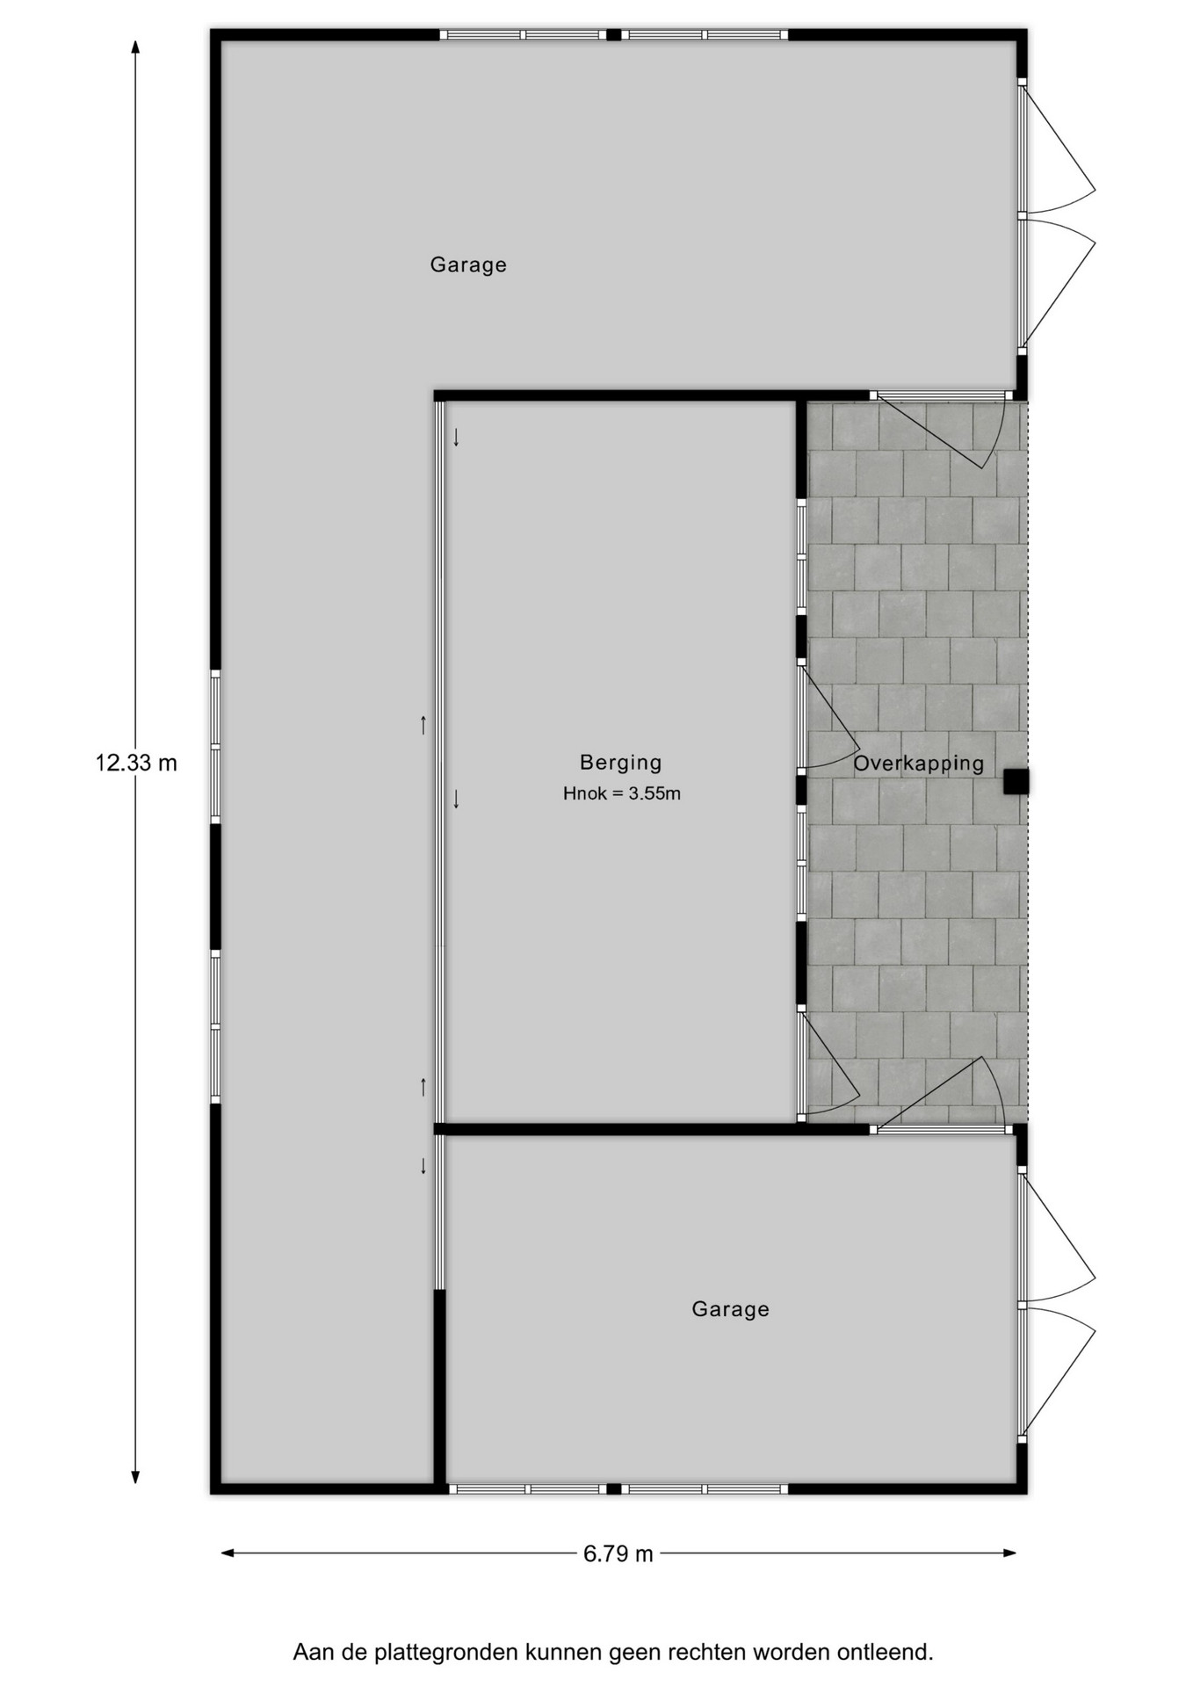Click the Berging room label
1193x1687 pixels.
pyautogui.click(x=620, y=763)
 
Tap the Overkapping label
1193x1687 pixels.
pyautogui.click(x=918, y=764)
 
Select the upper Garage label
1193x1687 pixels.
pyautogui.click(x=468, y=264)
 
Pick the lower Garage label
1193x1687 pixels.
pyautogui.click(x=730, y=1309)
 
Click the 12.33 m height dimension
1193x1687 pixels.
pyautogui.click(x=136, y=763)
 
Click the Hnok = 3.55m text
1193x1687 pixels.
pyautogui.click(x=622, y=793)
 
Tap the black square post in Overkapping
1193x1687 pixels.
pyautogui.click(x=1016, y=781)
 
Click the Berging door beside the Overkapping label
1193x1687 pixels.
pyautogui.click(x=828, y=717)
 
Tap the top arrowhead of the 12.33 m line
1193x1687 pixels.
pyautogui.click(x=135, y=47)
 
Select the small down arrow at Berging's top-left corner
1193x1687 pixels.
pyautogui.click(x=456, y=437)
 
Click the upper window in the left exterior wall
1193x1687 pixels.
pyautogui.click(x=215, y=747)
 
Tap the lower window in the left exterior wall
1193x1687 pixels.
pyautogui.click(x=215, y=1025)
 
